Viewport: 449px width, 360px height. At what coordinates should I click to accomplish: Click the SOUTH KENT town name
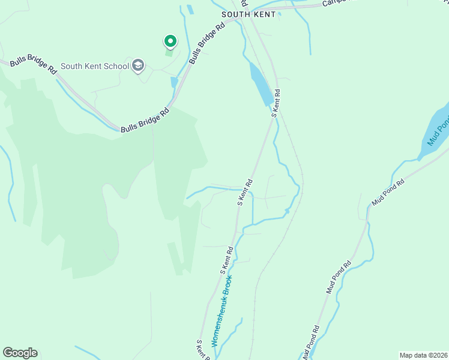click(248, 14)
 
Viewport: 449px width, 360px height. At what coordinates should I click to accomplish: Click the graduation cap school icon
click(139, 65)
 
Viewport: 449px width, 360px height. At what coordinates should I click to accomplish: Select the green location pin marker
click(170, 41)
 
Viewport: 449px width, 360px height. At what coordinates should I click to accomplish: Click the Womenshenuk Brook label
click(221, 312)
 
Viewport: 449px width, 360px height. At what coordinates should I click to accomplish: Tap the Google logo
click(20, 353)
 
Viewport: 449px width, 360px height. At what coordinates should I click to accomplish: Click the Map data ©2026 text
click(423, 355)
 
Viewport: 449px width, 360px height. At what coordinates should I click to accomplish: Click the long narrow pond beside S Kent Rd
click(261, 84)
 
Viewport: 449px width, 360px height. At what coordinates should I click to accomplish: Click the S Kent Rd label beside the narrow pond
click(276, 103)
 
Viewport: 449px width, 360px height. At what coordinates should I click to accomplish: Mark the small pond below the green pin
click(174, 82)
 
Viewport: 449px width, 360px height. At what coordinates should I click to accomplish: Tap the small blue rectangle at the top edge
click(190, 10)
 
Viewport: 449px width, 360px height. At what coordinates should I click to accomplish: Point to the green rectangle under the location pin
click(169, 53)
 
